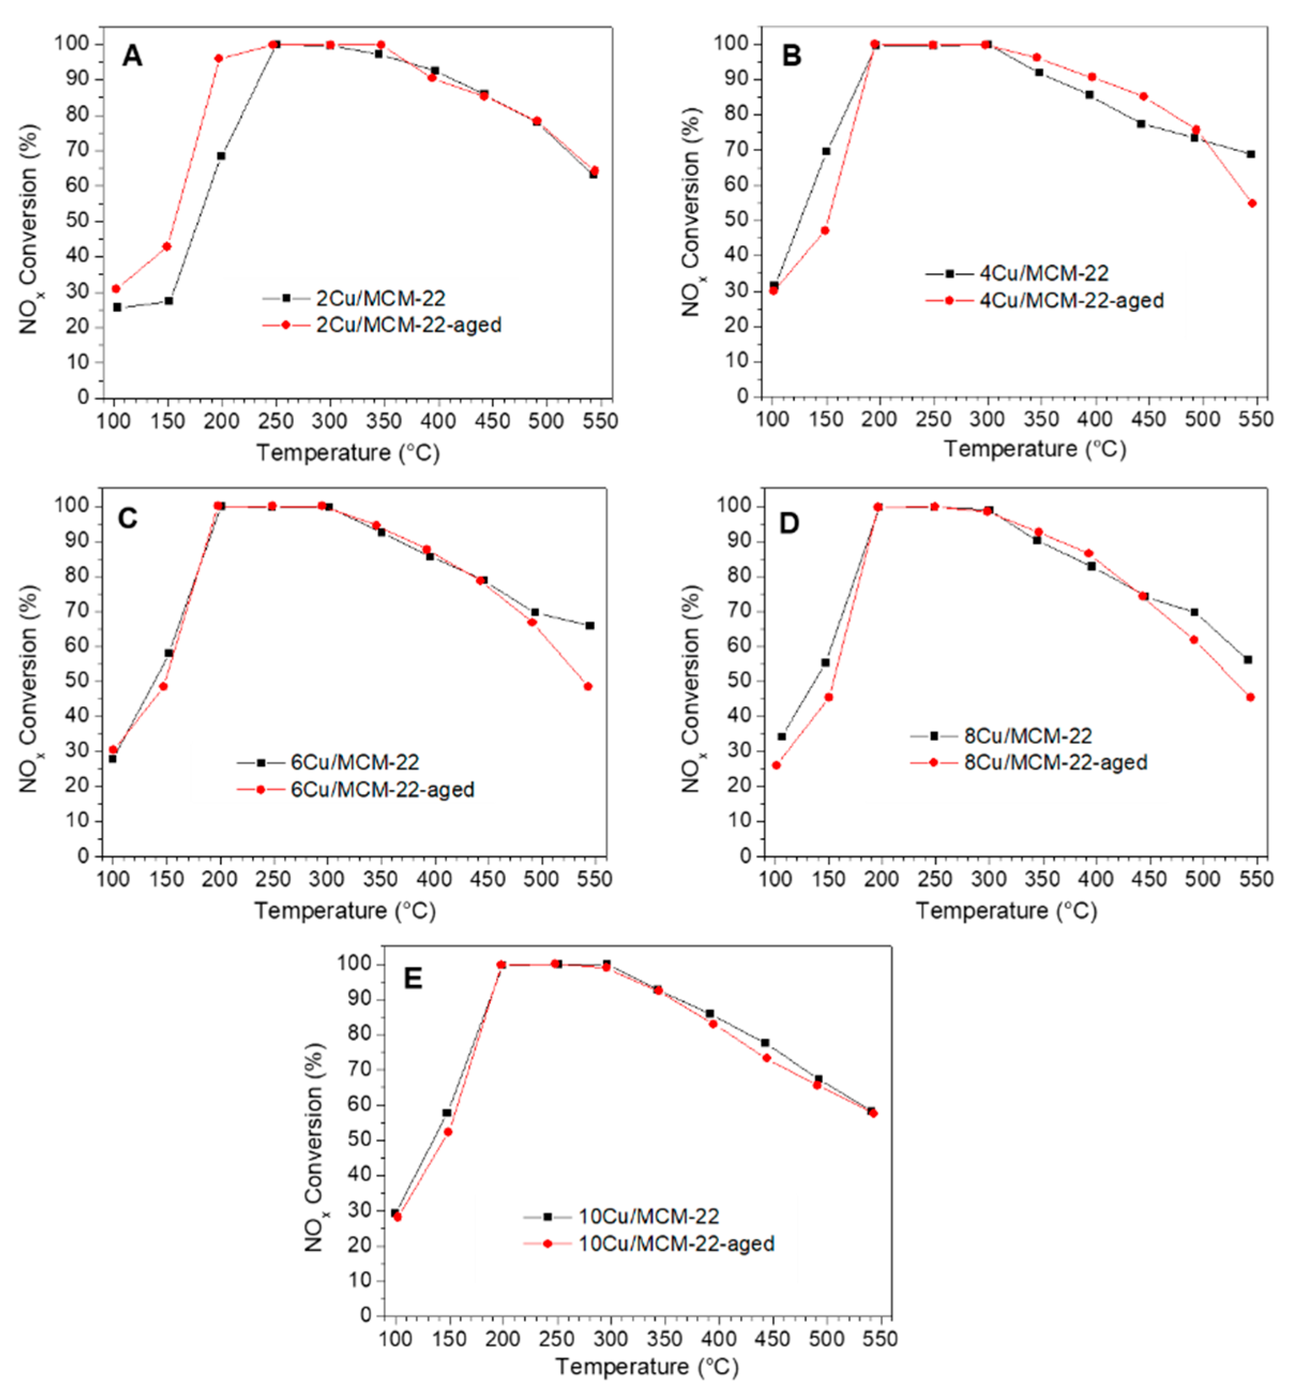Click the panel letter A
pos(132,56)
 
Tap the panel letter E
pos(413,979)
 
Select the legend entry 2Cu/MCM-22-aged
pos(408,325)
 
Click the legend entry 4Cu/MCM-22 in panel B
pos(1044,273)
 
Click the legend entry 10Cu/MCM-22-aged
pos(676,1244)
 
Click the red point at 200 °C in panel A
pos(219,58)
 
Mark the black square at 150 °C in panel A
pos(169,300)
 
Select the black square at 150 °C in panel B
pos(826,152)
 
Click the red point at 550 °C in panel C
pos(588,686)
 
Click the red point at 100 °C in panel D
pos(777,765)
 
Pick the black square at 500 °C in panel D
pos(1195,612)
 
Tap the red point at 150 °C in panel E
pos(448,1132)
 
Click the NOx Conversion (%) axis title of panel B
pos(691,211)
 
